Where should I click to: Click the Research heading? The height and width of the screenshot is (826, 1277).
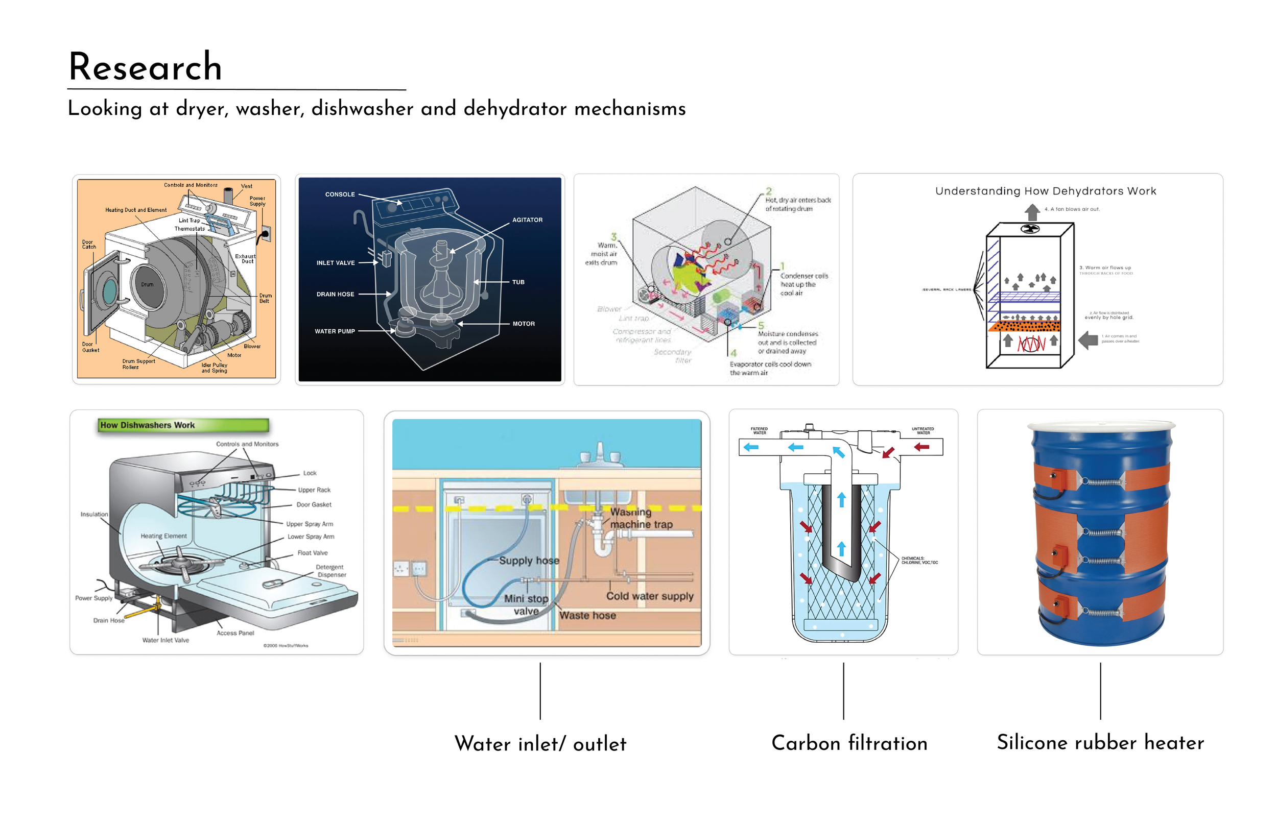click(x=145, y=67)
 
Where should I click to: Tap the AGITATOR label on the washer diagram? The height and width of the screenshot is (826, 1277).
click(x=527, y=220)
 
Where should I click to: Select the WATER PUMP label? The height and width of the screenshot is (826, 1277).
click(x=334, y=331)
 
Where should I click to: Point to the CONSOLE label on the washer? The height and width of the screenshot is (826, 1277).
click(x=340, y=194)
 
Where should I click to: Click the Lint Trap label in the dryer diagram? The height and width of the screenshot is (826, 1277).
click(x=189, y=221)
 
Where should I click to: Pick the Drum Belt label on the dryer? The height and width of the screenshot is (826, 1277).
click(x=265, y=298)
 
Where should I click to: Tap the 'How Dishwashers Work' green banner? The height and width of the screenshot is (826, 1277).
click(x=182, y=425)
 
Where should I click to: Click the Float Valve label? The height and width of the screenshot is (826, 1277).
click(x=312, y=553)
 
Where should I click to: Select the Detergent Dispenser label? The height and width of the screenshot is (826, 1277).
click(x=330, y=571)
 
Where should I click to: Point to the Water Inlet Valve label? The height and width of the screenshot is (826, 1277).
click(x=165, y=640)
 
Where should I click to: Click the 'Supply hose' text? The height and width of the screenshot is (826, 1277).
click(x=529, y=561)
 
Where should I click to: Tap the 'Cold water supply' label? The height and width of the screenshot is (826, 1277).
click(x=649, y=596)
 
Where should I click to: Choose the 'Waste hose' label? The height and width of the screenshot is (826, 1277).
click(x=587, y=615)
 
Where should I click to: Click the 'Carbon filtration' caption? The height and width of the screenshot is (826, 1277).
click(x=849, y=743)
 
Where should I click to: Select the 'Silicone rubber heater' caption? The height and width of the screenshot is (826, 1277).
click(x=1100, y=743)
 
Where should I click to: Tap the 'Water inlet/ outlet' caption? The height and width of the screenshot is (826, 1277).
click(x=540, y=744)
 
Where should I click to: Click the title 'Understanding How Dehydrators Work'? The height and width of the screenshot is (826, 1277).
click(x=1045, y=191)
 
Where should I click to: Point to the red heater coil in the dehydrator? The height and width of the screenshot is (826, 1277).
click(x=1031, y=344)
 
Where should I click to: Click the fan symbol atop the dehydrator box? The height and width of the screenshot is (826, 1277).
click(x=1029, y=229)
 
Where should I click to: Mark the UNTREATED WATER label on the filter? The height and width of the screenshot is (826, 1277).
click(x=923, y=431)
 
